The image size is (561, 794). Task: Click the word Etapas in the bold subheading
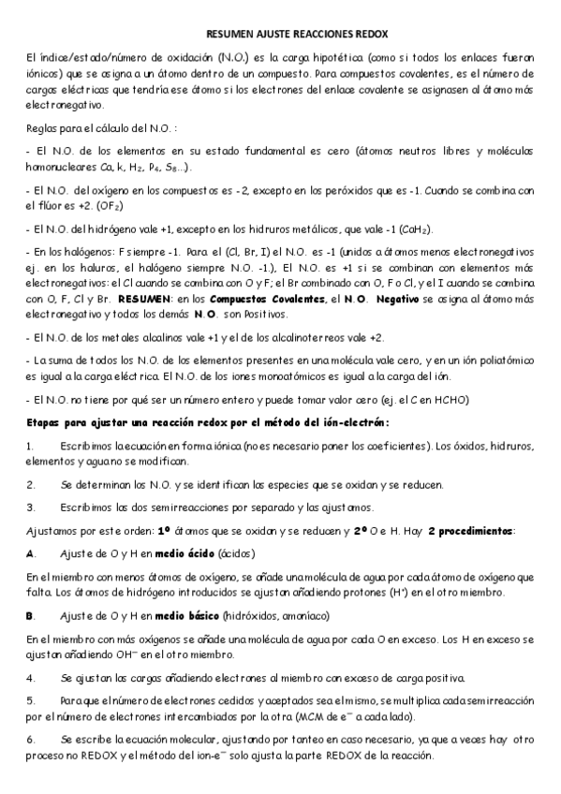(x=49, y=422)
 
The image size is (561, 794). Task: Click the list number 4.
(x=30, y=677)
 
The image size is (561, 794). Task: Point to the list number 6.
(x=30, y=739)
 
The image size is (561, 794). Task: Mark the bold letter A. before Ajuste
(x=31, y=553)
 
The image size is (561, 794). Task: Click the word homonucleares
(x=63, y=167)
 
